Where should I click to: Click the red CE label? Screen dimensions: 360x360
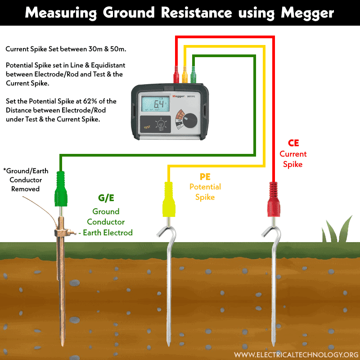293,144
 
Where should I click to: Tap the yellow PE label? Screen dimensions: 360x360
205,176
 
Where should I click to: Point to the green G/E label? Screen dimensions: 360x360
106,198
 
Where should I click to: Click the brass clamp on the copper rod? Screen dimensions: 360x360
62,233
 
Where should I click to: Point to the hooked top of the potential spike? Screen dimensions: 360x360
165,232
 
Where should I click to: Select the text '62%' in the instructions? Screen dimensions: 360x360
96,101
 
